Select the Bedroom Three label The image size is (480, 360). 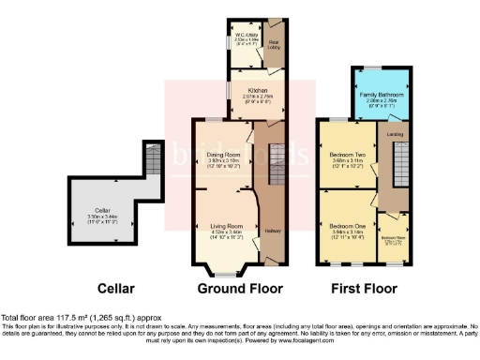pos(394,238)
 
